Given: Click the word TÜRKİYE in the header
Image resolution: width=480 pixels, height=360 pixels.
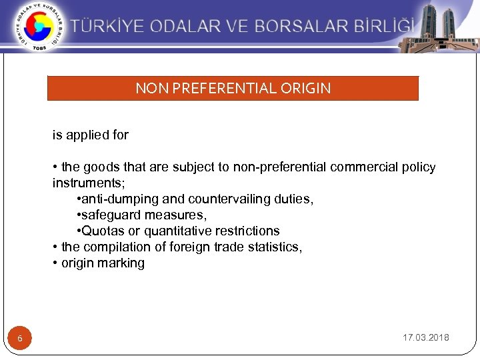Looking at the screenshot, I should point(109,27).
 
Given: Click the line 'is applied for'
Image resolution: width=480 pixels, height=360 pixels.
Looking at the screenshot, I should point(91,135).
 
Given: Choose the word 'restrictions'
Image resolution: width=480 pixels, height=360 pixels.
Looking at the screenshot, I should point(249,231).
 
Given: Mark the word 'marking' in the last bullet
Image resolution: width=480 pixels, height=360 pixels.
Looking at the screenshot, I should point(122,263).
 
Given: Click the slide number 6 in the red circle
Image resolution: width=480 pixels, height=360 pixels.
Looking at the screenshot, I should point(20,339).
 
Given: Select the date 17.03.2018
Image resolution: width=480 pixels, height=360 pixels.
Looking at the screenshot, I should point(425,338).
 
